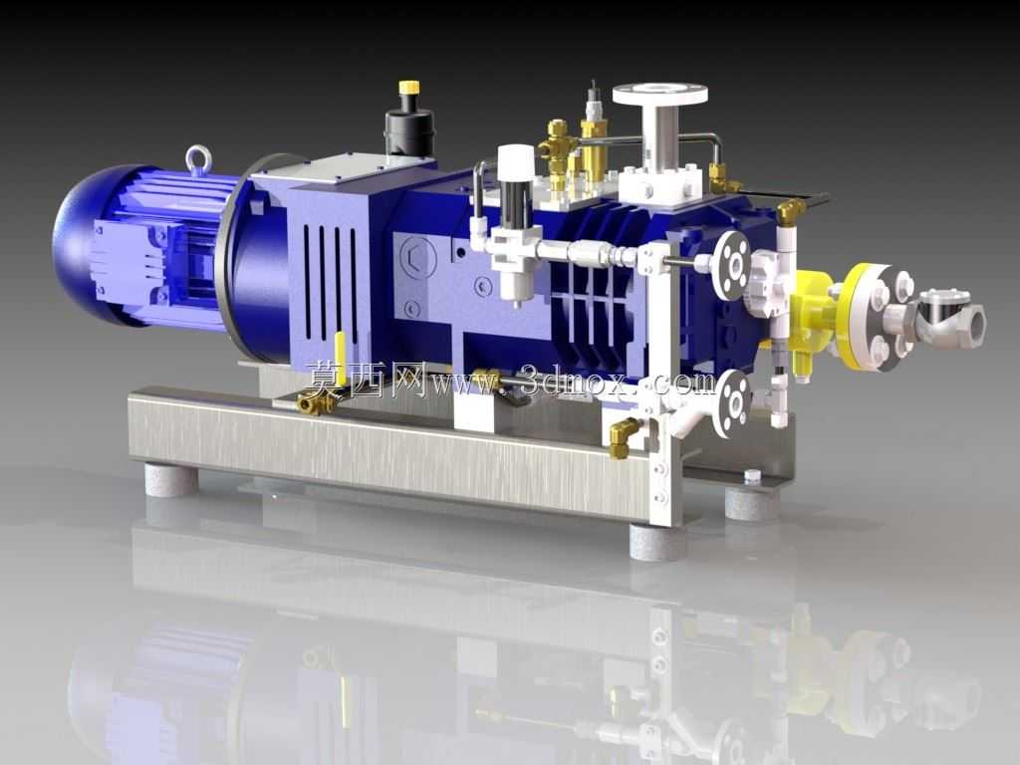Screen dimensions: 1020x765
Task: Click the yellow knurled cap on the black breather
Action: tap(408, 88)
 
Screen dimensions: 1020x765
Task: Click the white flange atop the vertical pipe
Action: tap(659, 93)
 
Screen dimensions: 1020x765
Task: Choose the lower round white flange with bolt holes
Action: tap(732, 402)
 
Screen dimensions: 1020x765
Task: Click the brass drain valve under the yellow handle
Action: tap(316, 402)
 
